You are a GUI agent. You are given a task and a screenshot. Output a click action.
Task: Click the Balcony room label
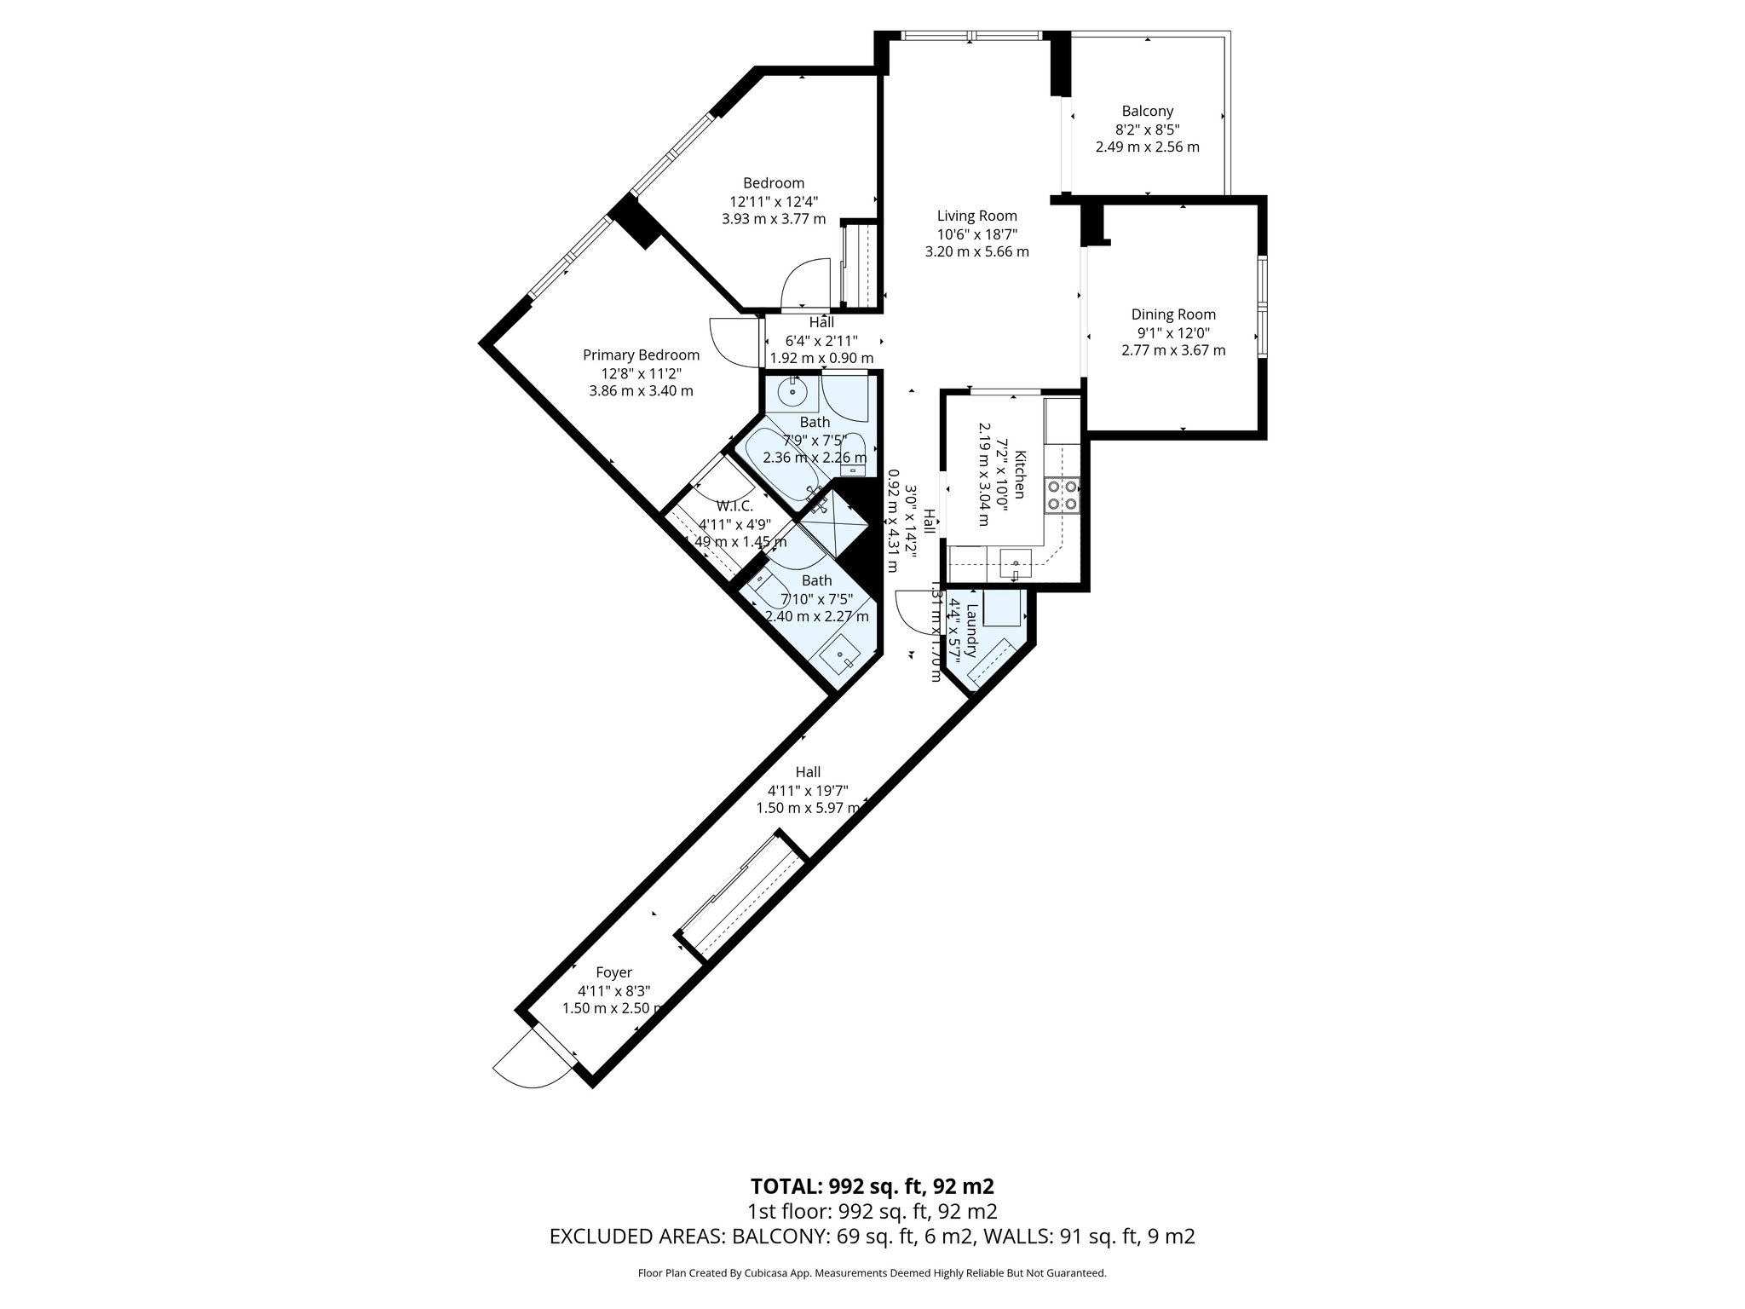[x=1147, y=111]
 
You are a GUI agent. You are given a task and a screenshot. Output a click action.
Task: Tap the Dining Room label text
[x=1173, y=314]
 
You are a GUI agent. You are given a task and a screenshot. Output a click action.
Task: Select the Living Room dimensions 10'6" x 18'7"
[x=976, y=234]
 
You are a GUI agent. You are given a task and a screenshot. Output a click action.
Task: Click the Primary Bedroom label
[x=641, y=355]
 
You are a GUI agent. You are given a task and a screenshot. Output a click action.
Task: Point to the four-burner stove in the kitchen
[x=1063, y=495]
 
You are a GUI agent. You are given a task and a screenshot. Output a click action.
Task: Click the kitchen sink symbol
[x=1015, y=563]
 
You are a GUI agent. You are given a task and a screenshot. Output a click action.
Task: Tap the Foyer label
[x=613, y=972]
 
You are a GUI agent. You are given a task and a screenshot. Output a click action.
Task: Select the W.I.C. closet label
[x=734, y=506]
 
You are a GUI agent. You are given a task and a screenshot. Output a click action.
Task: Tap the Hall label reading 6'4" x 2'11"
[x=821, y=340]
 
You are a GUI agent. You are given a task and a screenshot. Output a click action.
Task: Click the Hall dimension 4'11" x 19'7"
[x=807, y=790]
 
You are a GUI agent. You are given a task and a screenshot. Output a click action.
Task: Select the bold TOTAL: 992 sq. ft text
[x=872, y=1186]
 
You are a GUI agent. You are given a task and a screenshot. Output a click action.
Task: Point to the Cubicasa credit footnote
[x=872, y=1273]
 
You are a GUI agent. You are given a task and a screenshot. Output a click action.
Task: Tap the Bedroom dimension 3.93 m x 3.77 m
[x=773, y=219]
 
